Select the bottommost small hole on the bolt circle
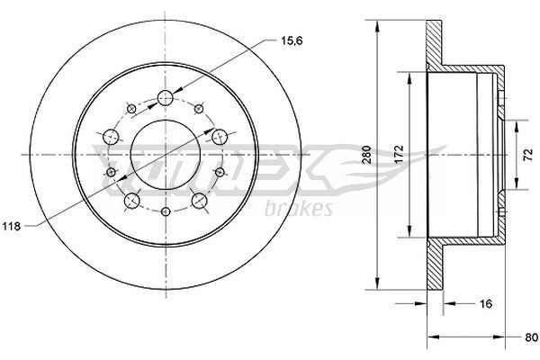pos(166,212)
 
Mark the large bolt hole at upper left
pos(112,137)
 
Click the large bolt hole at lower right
pos(199,199)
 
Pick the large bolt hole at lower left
pos(132,200)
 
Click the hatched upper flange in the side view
pos(436,45)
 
